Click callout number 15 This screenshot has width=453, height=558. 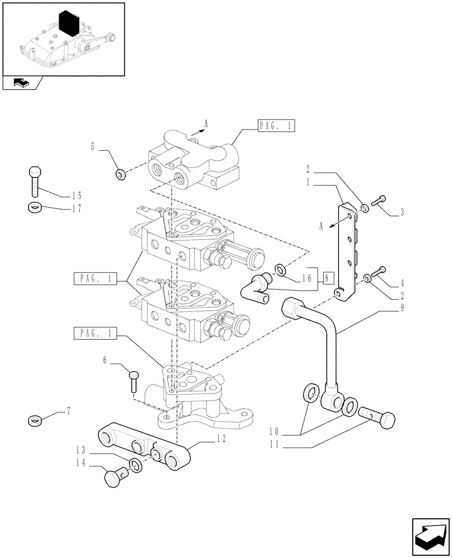[x=76, y=196]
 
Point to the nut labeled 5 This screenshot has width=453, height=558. [x=119, y=175]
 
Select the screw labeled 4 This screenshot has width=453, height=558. [x=380, y=272]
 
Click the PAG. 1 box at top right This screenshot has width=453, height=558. [x=276, y=127]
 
